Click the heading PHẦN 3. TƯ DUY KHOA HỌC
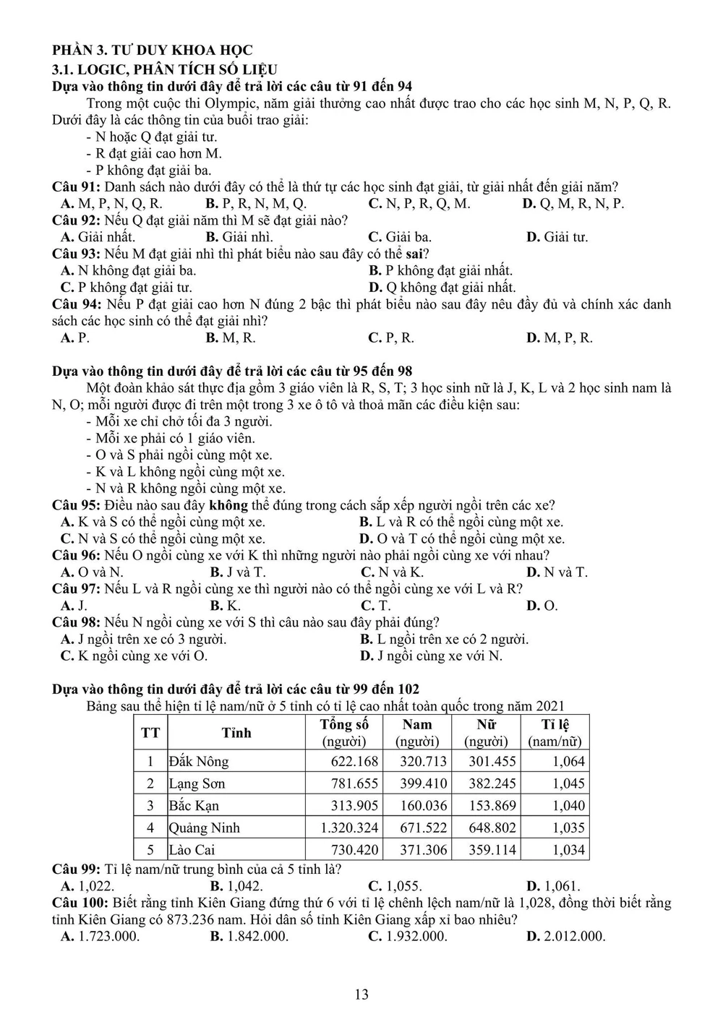click(x=153, y=50)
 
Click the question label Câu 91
click(x=76, y=186)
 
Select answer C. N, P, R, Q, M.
click(x=419, y=203)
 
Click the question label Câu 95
click(x=76, y=505)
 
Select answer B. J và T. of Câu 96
click(x=237, y=572)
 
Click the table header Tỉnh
click(x=236, y=733)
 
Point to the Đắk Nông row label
click(x=199, y=761)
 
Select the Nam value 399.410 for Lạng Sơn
click(x=424, y=783)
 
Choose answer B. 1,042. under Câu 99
click(x=236, y=885)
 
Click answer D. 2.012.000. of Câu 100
click(x=565, y=936)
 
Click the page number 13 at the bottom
click(x=361, y=995)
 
